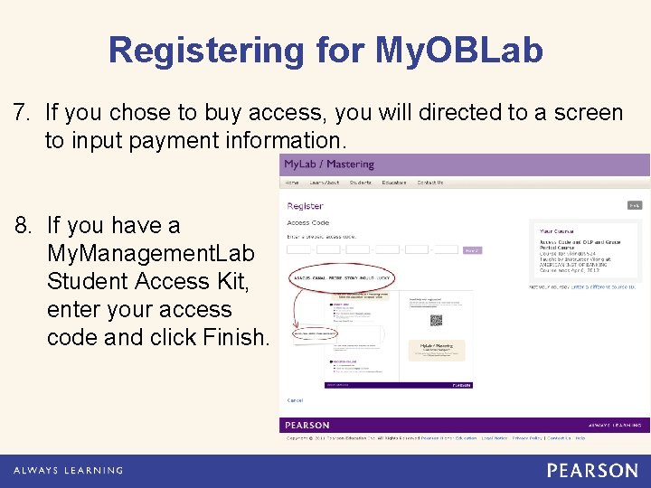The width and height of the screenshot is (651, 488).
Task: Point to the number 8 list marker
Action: click(23, 225)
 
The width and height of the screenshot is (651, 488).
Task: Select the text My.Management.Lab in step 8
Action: click(151, 253)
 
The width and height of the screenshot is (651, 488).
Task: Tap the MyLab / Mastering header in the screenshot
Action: click(328, 164)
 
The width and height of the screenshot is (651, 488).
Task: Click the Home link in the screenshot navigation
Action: click(293, 183)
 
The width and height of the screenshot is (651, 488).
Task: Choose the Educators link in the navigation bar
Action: click(393, 183)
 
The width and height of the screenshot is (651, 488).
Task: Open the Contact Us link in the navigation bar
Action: click(430, 183)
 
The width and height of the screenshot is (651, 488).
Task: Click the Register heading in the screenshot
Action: click(305, 206)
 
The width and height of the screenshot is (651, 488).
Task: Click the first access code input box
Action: click(300, 249)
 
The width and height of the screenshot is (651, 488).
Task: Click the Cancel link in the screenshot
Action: click(295, 399)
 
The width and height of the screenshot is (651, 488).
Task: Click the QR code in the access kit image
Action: click(435, 320)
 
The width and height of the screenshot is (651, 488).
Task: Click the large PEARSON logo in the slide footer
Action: click(592, 470)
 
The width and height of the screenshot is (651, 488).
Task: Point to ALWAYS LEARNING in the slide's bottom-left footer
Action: click(68, 471)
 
